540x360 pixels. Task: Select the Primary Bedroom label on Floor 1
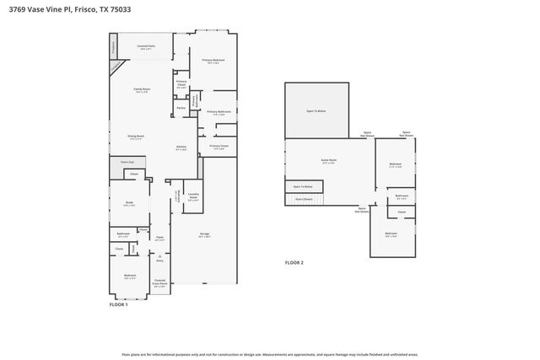click(213, 62)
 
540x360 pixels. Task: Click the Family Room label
click(141, 90)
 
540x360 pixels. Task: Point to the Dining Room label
click(136, 137)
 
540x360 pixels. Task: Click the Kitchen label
click(181, 148)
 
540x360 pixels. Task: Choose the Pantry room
click(181, 108)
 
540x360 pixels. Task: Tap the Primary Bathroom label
click(219, 112)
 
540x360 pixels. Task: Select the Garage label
click(204, 234)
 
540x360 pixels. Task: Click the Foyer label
click(159, 239)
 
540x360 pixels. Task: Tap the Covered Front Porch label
click(159, 283)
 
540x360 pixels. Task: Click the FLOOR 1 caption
click(119, 304)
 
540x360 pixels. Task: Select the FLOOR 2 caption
click(294, 263)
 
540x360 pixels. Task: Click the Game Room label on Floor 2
click(328, 160)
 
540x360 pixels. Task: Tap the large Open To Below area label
click(316, 110)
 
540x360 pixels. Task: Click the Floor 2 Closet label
click(402, 212)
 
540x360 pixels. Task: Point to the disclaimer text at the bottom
click(269, 355)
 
